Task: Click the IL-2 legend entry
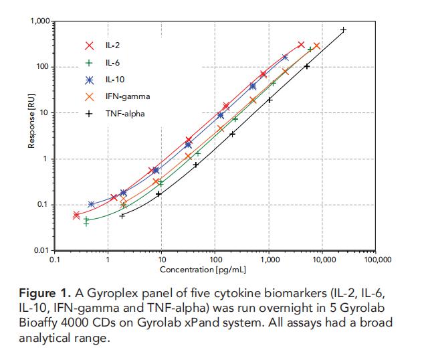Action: pos(112,46)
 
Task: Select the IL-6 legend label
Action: pos(112,63)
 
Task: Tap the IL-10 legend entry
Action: pos(114,80)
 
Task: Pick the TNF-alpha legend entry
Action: pos(124,114)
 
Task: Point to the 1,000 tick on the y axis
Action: pos(41,22)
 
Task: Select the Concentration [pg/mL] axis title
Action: pos(202,269)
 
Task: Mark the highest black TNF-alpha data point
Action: pos(343,30)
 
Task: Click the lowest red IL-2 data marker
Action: pos(76,215)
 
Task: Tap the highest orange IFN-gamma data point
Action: pos(316,46)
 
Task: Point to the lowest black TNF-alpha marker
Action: pos(122,215)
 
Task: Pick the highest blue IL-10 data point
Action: pos(285,58)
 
